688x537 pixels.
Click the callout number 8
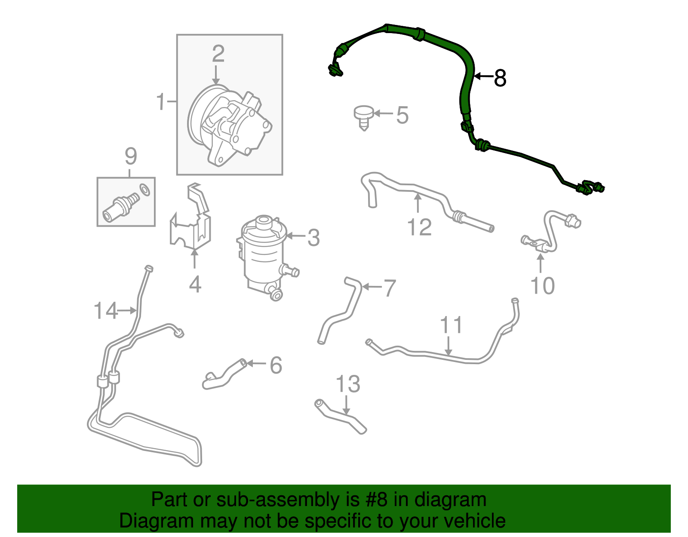point(500,78)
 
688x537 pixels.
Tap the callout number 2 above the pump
point(218,54)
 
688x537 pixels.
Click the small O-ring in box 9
point(145,190)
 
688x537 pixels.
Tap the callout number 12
point(419,227)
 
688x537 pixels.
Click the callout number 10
point(543,286)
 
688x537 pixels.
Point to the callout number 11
point(451,325)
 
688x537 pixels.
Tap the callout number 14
point(105,311)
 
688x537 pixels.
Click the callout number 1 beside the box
point(160,101)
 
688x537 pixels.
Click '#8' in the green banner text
point(376,500)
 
